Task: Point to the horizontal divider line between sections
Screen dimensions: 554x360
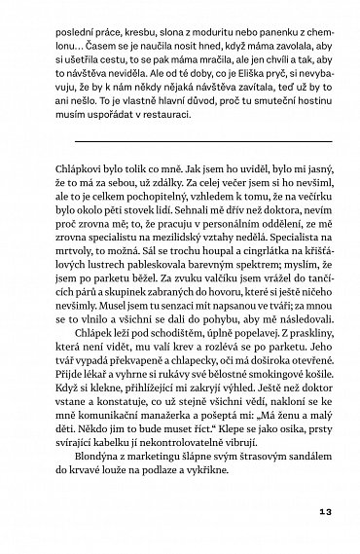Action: pos(180,139)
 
